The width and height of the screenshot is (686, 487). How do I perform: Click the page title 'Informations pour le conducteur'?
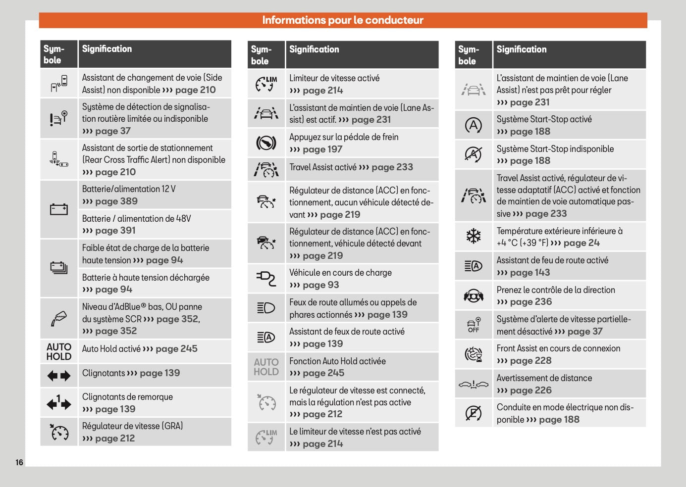point(343,20)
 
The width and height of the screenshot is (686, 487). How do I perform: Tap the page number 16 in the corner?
point(19,462)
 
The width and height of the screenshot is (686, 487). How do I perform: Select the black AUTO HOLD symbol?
point(59,351)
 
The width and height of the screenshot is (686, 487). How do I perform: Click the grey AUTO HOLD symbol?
point(266,367)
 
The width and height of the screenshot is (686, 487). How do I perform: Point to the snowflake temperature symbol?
point(474,236)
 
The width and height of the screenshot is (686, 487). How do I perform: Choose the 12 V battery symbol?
point(59,209)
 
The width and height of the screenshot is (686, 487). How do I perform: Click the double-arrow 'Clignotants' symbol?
point(59,376)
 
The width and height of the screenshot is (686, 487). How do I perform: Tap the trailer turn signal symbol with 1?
point(59,403)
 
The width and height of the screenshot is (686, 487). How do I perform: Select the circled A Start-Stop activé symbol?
point(474,125)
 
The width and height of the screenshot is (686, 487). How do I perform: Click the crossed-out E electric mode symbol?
point(474,413)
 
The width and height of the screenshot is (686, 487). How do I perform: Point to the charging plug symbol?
point(266,279)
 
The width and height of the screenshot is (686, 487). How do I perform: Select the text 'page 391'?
point(115,231)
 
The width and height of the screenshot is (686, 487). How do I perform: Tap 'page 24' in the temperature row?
point(581,243)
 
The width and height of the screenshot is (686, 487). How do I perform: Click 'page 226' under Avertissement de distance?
point(530,390)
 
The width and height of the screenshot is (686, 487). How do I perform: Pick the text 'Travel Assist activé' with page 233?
point(322,167)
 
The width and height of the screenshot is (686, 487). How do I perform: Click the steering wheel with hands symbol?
point(474,295)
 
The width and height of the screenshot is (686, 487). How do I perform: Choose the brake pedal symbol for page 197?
point(266,143)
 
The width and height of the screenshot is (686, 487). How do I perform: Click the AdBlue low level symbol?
point(59,319)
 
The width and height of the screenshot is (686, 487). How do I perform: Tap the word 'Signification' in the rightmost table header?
point(522,49)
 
